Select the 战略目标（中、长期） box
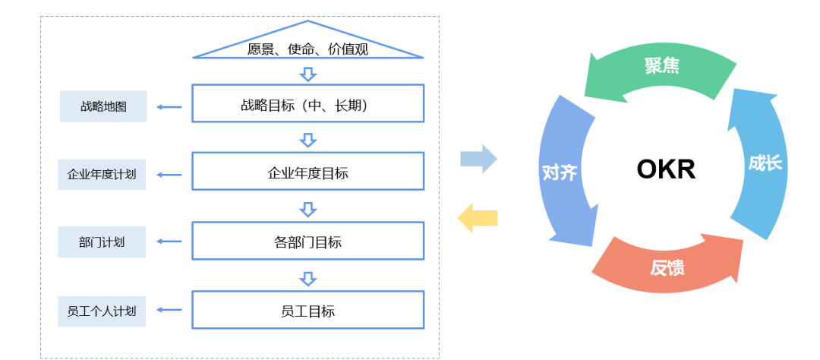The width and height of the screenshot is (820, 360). (x=307, y=103)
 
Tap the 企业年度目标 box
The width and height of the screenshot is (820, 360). (x=307, y=172)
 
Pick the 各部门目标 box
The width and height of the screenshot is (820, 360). (x=307, y=242)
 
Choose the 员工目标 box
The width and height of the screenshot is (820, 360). (x=307, y=310)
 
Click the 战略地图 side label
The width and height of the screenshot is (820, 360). (x=102, y=106)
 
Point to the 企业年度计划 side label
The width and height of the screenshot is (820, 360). (x=102, y=174)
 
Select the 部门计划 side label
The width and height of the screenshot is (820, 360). (x=102, y=242)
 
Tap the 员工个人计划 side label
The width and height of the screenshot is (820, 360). (x=102, y=310)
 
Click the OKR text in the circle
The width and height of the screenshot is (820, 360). (x=666, y=169)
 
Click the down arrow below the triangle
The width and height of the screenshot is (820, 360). (x=307, y=74)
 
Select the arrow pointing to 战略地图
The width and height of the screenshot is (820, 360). (x=170, y=107)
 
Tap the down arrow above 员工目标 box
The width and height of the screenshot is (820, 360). (x=307, y=279)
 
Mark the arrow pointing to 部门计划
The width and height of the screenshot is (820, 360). (x=170, y=242)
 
